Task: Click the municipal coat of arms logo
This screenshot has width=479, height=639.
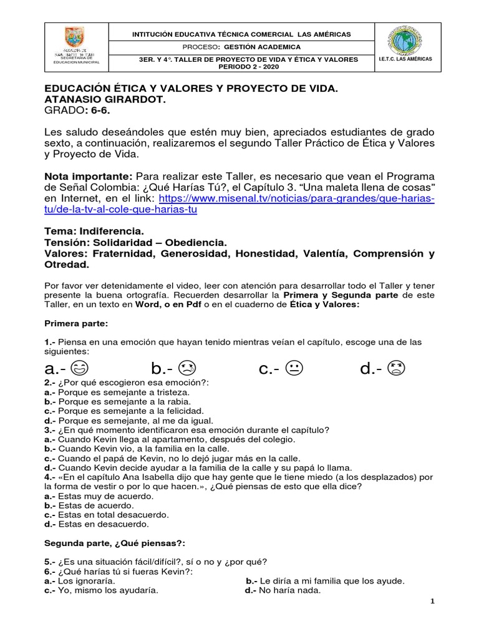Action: tap(74, 37)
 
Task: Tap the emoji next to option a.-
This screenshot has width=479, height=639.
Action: tap(80, 368)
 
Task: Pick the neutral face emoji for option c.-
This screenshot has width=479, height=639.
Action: tap(294, 368)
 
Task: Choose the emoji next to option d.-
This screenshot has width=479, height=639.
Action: tap(396, 368)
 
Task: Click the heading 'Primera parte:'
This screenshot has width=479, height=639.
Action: tap(76, 324)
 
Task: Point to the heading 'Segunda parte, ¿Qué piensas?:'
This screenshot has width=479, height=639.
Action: tap(115, 543)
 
